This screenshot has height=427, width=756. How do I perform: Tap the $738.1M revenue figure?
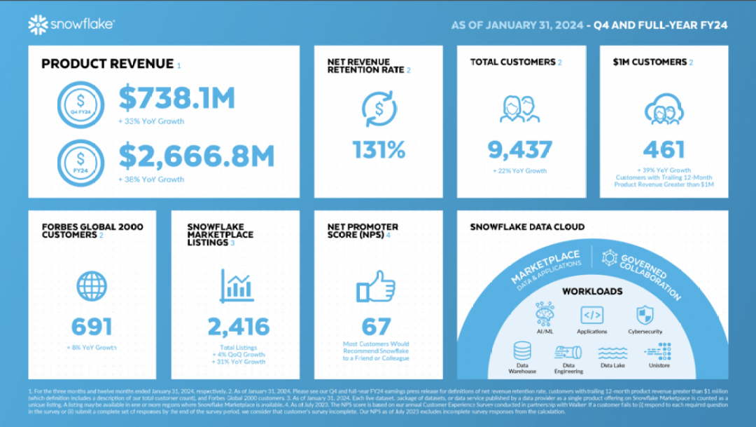point(176,99)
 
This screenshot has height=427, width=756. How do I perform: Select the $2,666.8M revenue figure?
point(196,156)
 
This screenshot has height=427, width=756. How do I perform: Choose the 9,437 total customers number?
point(519,149)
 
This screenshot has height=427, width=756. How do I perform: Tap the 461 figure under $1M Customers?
point(663,149)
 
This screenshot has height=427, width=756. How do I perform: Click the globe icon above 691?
point(92,286)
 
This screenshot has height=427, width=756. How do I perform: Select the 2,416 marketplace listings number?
point(238,327)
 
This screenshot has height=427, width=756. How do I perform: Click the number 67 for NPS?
point(376,327)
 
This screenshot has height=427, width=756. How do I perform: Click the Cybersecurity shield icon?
point(645,315)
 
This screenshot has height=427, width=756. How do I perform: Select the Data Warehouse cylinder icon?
point(522,351)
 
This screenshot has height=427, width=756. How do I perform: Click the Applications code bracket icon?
point(592,315)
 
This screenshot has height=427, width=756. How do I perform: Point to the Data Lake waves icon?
point(613,351)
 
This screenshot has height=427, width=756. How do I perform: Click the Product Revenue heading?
point(107,64)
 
